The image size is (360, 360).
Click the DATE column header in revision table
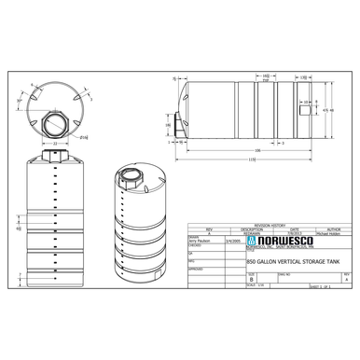pyautogui.click(x=294, y=229)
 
